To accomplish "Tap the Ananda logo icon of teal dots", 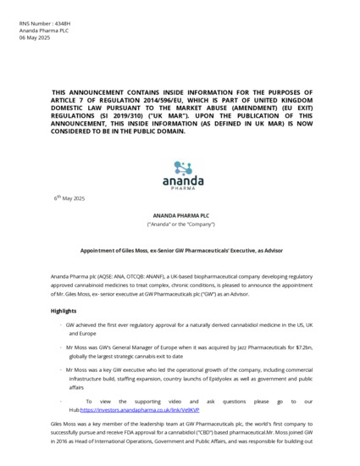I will click(183, 168).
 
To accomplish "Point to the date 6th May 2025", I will click(69, 197).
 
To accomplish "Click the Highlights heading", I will click(66, 311).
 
